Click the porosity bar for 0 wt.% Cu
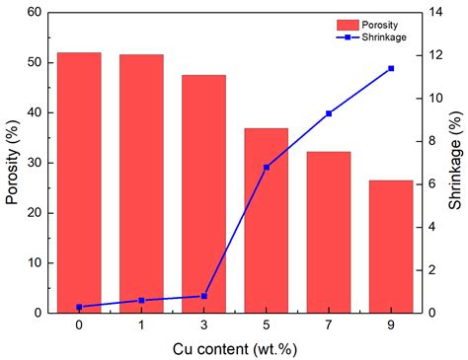79,182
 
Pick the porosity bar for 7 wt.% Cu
329,232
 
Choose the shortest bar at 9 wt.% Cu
391,247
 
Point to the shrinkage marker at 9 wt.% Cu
391,68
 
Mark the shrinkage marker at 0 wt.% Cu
79,307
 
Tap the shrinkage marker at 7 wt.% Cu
329,113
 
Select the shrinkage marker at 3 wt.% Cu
204,296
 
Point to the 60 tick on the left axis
38,13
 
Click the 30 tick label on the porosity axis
38,163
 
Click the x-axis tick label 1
141,324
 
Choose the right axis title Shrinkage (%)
455,163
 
